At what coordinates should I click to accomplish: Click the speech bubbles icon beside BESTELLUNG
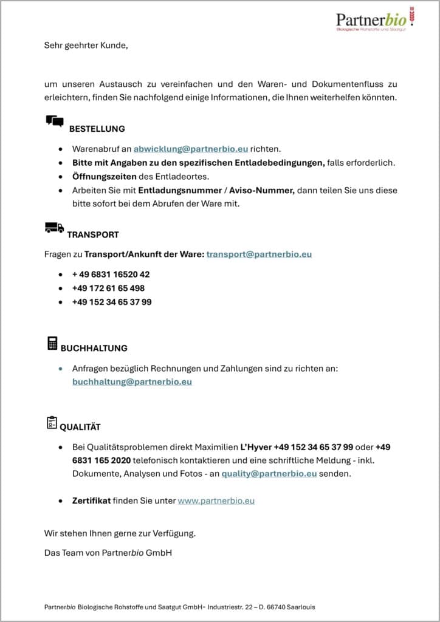55,121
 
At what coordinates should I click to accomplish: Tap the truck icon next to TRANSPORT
54,228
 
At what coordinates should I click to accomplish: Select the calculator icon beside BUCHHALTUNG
52,343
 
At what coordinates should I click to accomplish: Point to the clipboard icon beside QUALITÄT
52,422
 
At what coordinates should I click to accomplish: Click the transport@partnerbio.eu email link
259,254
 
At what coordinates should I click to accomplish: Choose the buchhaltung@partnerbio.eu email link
132,382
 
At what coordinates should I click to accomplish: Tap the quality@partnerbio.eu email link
269,473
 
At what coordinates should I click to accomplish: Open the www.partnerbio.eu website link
216,501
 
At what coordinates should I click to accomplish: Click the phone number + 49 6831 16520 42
111,274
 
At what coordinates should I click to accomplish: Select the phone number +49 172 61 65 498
108,288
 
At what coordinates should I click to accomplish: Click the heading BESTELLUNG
97,129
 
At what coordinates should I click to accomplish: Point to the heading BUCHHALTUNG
94,349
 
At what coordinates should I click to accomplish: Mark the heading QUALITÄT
80,427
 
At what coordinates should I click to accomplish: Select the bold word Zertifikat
91,501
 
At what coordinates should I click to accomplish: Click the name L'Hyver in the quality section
256,446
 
